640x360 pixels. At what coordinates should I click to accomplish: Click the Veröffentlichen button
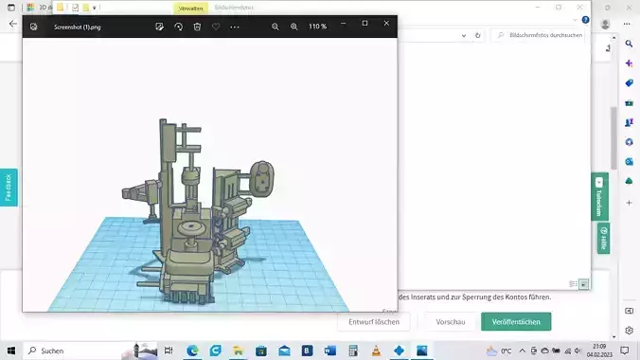click(x=516, y=322)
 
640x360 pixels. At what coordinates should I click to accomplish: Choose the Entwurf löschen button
click(x=373, y=322)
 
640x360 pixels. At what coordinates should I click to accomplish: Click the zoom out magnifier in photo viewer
click(x=276, y=27)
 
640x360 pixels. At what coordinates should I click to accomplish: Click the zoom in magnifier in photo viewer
click(x=293, y=27)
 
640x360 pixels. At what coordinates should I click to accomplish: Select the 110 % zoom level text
click(x=317, y=27)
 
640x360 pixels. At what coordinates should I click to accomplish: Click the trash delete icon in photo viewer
click(x=197, y=27)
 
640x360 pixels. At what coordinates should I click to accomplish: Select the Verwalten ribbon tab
click(x=191, y=8)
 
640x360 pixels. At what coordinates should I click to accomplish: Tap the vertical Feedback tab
click(x=9, y=188)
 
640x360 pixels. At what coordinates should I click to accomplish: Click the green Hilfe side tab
click(x=602, y=238)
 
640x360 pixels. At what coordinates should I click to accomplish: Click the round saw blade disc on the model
click(x=195, y=230)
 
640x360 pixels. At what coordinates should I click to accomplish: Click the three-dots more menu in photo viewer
click(x=235, y=27)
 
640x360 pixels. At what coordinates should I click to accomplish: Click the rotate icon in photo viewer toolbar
click(x=178, y=27)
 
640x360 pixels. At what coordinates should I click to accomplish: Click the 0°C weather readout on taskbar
click(x=506, y=351)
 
